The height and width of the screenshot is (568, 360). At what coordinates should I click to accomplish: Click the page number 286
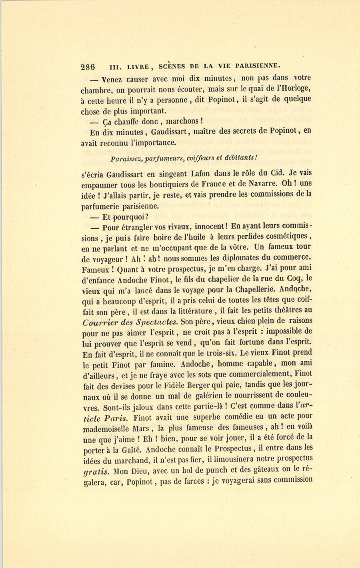pos(88,67)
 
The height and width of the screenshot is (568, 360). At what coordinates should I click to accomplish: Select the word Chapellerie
pos(255,289)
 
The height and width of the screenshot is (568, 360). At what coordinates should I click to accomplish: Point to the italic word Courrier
pos(98,322)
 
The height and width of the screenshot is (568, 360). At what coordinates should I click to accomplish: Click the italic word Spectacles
pos(157,322)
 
